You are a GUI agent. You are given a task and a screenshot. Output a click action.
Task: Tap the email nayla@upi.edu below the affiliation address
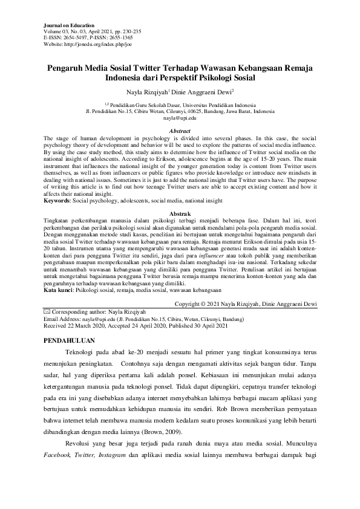[x=180, y=118]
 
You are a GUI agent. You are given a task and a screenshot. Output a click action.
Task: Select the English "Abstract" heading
[x=180, y=131]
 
